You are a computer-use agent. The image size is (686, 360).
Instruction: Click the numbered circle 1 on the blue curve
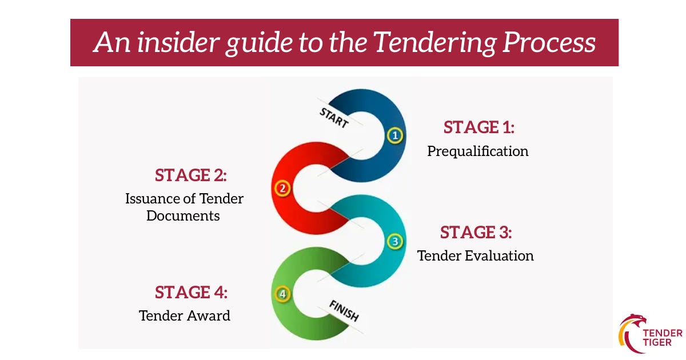click(395, 136)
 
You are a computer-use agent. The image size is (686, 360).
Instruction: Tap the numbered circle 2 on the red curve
click(282, 188)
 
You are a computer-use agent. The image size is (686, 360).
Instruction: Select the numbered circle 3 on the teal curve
click(395, 241)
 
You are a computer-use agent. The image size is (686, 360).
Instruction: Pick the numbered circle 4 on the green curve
click(282, 294)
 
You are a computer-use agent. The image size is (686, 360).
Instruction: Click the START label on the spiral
click(333, 117)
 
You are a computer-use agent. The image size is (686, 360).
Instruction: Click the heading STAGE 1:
click(479, 127)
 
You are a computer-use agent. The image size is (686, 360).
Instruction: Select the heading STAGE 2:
click(191, 175)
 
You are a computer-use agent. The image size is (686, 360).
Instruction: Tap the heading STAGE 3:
click(476, 233)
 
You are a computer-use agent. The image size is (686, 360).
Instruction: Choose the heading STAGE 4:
click(191, 293)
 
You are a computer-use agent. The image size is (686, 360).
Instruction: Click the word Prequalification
click(478, 151)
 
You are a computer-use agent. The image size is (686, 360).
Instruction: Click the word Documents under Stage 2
click(183, 216)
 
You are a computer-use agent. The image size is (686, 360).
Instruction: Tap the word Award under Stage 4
click(211, 315)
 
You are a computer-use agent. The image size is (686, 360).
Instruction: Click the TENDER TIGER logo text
click(662, 337)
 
